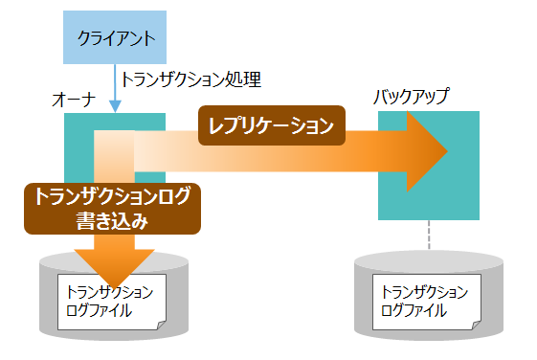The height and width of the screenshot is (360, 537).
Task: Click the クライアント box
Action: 115,38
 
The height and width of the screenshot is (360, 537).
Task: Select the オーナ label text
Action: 72,100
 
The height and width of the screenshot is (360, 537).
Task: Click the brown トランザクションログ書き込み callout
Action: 112,209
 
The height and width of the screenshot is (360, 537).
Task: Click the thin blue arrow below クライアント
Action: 115,88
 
